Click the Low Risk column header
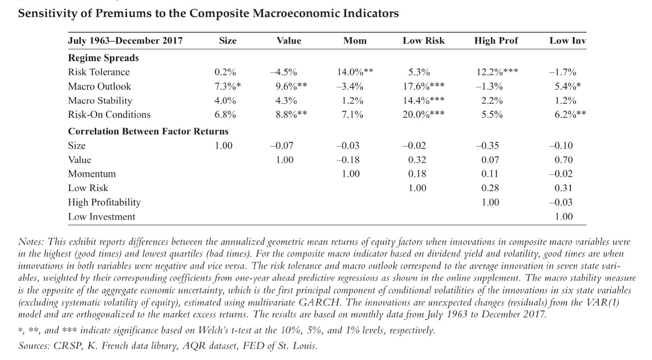pyautogui.click(x=423, y=41)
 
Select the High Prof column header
pyautogui.click(x=496, y=41)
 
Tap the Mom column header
pyautogui.click(x=355, y=41)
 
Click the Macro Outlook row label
pyautogui.click(x=99, y=86)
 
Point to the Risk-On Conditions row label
pyautogui.click(x=109, y=114)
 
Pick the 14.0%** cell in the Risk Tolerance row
pyautogui.click(x=355, y=72)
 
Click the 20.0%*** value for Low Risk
pyautogui.click(x=423, y=115)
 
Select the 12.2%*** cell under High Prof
pyautogui.click(x=497, y=72)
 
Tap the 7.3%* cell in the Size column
pyautogui.click(x=227, y=86)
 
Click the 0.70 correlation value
pyautogui.click(x=564, y=160)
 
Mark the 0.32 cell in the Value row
pyautogui.click(x=417, y=160)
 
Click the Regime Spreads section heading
pyautogui.click(x=103, y=58)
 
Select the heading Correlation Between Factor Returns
pyautogui.click(x=148, y=131)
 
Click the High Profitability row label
pyautogui.click(x=104, y=202)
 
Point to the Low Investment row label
pyautogui.click(x=101, y=217)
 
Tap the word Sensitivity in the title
pyautogui.click(x=46, y=14)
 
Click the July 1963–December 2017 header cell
pyautogui.click(x=125, y=41)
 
